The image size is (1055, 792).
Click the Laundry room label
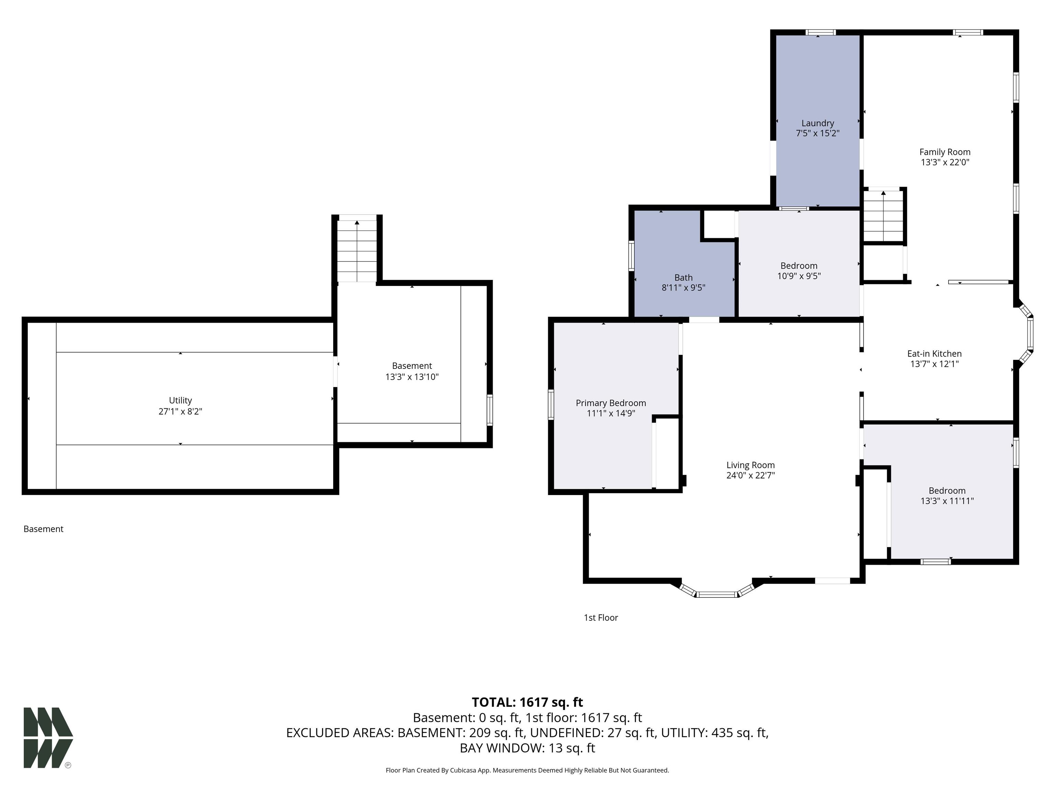(x=817, y=123)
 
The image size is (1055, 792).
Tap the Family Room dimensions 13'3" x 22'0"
(x=945, y=162)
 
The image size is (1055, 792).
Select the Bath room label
(x=683, y=277)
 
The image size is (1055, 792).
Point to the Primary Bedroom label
(x=611, y=403)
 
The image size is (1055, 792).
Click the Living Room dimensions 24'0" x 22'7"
(x=751, y=475)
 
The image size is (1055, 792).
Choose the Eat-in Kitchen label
(x=934, y=354)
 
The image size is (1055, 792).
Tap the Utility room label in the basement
(x=180, y=400)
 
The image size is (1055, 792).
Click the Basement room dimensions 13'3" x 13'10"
(x=412, y=377)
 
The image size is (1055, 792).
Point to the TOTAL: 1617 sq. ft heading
(x=527, y=702)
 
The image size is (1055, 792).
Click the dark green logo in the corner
(x=48, y=738)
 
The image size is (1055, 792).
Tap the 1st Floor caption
(x=601, y=617)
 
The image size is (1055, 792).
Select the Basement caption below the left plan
(x=43, y=529)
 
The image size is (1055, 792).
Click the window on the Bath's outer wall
(x=632, y=256)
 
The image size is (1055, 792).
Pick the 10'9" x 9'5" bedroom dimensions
(x=799, y=276)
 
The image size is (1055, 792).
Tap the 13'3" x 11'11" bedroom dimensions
(x=947, y=501)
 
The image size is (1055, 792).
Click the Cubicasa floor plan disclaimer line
(x=527, y=770)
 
